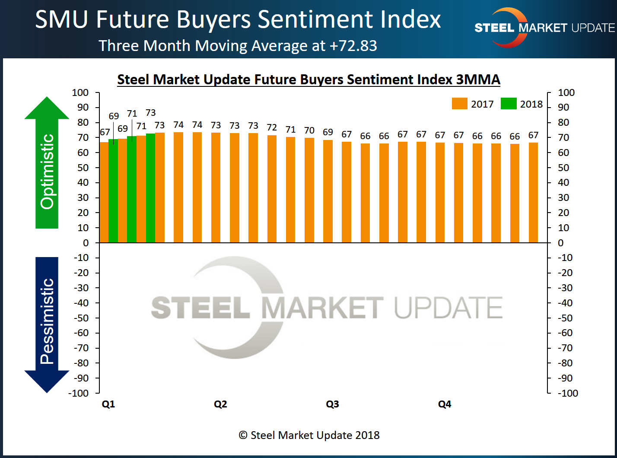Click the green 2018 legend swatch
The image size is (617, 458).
[x=508, y=104]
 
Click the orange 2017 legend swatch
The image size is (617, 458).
[x=459, y=104]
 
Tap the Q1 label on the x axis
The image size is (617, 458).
[x=108, y=404]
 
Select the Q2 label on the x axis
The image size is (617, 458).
[x=220, y=404]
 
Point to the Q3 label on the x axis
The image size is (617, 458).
[x=332, y=404]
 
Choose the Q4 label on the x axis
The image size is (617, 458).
[x=445, y=404]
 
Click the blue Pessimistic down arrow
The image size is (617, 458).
[x=47, y=324]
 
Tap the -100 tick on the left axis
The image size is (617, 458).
[x=78, y=393]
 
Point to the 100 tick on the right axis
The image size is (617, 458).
[x=566, y=92]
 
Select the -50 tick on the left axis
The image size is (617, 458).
[x=80, y=318]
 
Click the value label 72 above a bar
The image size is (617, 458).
[x=272, y=127]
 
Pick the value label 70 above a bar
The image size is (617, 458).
[x=309, y=130]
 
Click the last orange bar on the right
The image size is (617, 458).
[x=533, y=192]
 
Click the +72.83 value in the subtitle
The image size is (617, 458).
[x=353, y=46]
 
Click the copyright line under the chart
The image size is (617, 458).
[x=309, y=435]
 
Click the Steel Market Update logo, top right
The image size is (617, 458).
[x=544, y=28]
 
